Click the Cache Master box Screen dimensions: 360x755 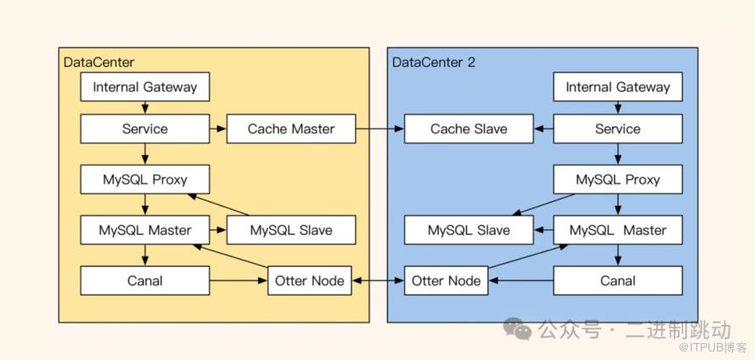tap(290, 129)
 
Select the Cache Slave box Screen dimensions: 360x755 tap(468, 129)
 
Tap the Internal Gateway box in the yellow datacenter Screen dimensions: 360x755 tap(144, 87)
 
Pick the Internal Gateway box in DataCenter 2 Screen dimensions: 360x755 tap(617, 87)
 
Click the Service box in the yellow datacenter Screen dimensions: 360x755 tap(144, 129)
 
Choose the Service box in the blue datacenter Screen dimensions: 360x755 tap(617, 129)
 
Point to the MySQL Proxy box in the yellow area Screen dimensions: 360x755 tap(144, 180)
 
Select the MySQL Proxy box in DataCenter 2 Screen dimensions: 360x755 tap(617, 180)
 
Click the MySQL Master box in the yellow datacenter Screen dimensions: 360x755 tap(144, 230)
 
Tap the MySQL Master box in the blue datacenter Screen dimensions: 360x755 tap(617, 230)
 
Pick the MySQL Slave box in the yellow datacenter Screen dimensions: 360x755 tap(290, 230)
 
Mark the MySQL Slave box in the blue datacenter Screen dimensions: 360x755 tap(468, 230)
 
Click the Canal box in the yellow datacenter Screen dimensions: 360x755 tap(144, 280)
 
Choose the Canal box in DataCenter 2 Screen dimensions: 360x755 tap(617, 280)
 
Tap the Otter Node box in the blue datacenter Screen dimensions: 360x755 tap(446, 280)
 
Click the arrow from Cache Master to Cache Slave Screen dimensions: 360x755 tap(379, 129)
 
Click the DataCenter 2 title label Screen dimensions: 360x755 tap(433, 62)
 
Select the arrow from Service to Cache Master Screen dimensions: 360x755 tap(217, 129)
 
